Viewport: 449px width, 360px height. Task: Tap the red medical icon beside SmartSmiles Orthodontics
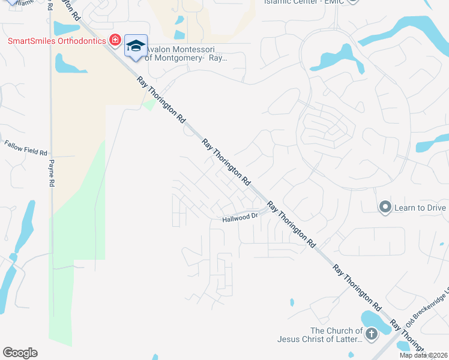pyautogui.click(x=115, y=41)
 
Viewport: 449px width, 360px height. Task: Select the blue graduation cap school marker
pyautogui.click(x=136, y=46)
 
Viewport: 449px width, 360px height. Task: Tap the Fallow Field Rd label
pyautogui.click(x=25, y=148)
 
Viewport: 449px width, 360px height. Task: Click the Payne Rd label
pyautogui.click(x=52, y=173)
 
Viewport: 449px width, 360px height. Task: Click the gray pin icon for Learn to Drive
pyautogui.click(x=385, y=208)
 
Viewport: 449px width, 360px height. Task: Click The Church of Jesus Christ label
pyautogui.click(x=320, y=335)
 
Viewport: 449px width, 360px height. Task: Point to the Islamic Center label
pyautogui.click(x=306, y=2)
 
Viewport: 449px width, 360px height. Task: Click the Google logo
pyautogui.click(x=20, y=353)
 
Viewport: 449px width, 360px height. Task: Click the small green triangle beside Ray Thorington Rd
pyautogui.click(x=148, y=106)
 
